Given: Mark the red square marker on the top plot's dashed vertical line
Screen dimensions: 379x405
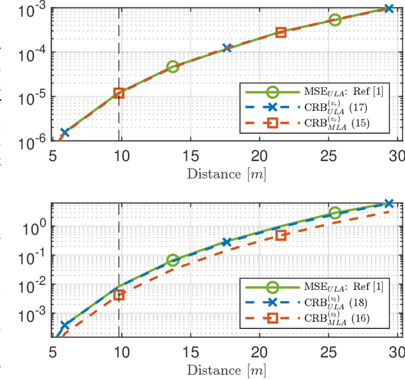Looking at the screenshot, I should coord(118,93).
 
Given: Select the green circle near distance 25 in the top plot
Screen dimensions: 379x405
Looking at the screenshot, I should coord(335,20).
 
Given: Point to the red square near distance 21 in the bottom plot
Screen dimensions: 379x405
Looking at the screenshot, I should coord(281,235).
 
